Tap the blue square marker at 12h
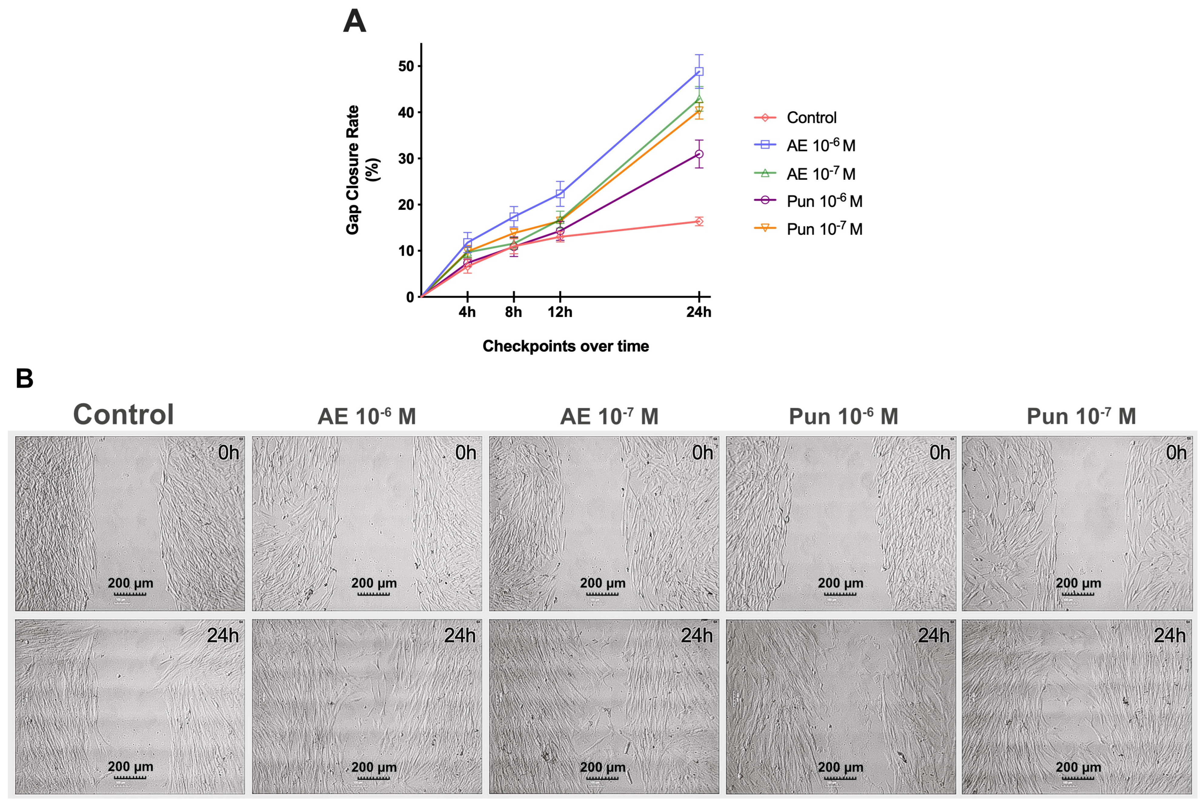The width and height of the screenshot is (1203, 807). (560, 194)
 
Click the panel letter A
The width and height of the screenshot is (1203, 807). (354, 22)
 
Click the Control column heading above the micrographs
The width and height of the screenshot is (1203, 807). (124, 414)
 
